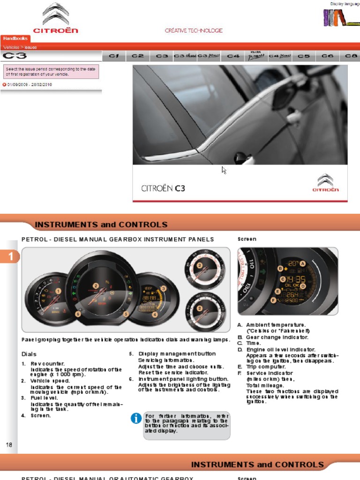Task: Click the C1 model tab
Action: (x=114, y=56)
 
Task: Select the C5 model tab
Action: (x=304, y=56)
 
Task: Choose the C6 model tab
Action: (x=328, y=56)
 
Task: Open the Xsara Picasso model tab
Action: (x=256, y=56)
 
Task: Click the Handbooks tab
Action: (x=15, y=38)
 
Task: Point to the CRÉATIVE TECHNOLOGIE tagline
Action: (x=194, y=30)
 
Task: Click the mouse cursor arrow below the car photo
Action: (x=224, y=170)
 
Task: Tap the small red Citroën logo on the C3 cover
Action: (x=325, y=183)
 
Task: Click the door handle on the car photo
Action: (x=245, y=158)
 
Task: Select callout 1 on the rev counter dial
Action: (x=58, y=291)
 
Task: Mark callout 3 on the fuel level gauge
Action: (x=163, y=288)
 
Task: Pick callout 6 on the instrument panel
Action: (x=78, y=315)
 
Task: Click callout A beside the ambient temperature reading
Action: (x=302, y=263)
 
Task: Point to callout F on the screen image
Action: (x=273, y=300)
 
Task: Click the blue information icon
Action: (x=136, y=419)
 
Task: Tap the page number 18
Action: (x=9, y=444)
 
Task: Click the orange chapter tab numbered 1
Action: (x=9, y=256)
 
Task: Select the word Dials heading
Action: (x=29, y=354)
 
